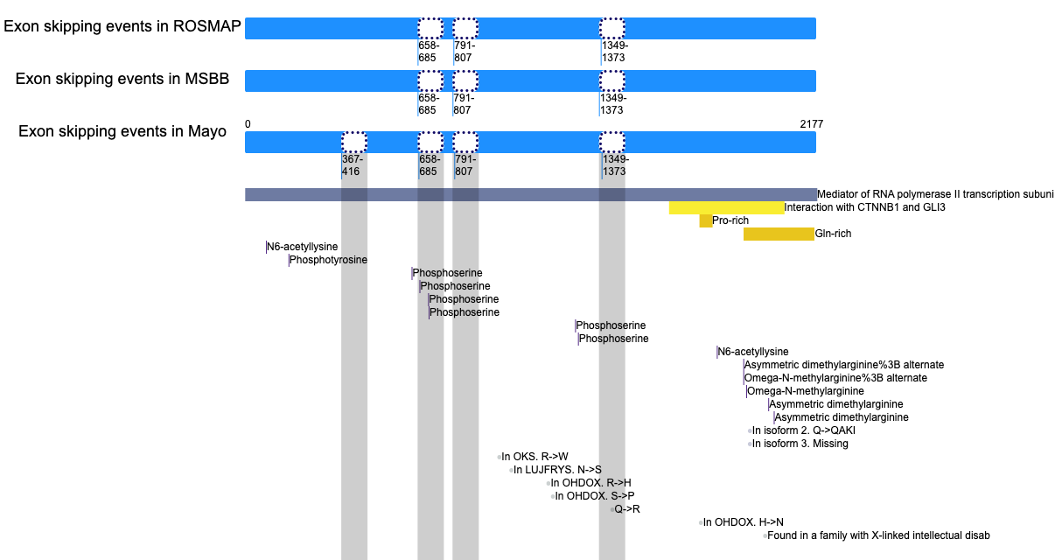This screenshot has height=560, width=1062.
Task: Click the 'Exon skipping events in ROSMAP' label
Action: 122,26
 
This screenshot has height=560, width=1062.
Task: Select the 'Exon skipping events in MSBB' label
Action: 122,79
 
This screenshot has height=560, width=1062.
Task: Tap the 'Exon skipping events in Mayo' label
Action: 122,131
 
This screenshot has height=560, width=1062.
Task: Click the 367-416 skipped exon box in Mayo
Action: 354,143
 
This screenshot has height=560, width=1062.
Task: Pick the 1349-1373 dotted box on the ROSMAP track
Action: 612,29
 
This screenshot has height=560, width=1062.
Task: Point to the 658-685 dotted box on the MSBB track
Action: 430,81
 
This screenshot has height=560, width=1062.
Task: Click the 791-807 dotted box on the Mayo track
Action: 465,143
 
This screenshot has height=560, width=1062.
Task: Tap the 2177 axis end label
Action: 812,124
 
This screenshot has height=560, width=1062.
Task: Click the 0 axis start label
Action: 248,124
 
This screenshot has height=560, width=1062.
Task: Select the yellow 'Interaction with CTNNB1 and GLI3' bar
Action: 726,207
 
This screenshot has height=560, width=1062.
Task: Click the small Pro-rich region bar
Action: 706,221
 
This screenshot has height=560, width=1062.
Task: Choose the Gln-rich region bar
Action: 779,234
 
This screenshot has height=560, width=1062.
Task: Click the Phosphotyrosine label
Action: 328,260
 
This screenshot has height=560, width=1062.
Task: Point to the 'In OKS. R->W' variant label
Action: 534,457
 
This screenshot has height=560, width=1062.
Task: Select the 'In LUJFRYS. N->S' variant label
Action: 557,470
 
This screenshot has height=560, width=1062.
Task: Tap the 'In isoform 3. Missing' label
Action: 800,444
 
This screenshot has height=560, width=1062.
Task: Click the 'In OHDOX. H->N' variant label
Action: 744,522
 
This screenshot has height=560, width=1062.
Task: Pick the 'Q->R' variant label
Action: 627,509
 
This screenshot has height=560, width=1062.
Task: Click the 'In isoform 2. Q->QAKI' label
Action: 804,430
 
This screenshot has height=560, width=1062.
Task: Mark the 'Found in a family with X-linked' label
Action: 878,535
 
